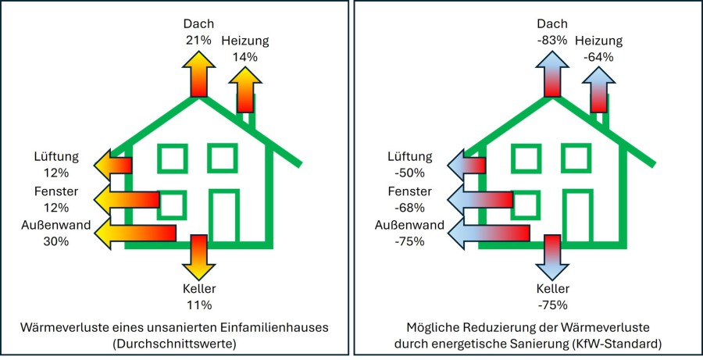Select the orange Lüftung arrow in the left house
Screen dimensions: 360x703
pyautogui.click(x=113, y=165)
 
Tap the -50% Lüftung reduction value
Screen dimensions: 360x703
pyautogui.click(x=410, y=173)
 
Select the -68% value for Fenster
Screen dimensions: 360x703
pyautogui.click(x=410, y=208)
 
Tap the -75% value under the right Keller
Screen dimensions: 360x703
pyautogui.click(x=552, y=305)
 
